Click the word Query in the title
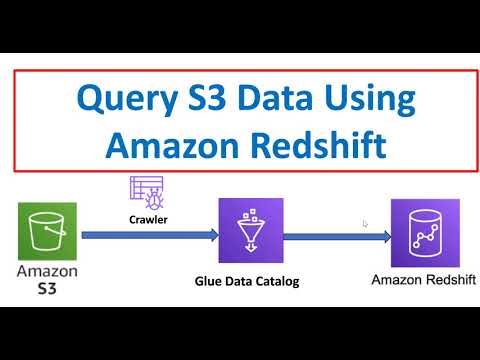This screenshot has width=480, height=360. [126, 101]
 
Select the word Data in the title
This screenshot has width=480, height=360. [279, 101]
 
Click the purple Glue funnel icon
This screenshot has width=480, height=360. [251, 231]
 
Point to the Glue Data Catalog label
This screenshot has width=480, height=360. [247, 281]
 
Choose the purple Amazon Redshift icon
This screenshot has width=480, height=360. [425, 233]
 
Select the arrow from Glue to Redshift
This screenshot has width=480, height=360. [334, 236]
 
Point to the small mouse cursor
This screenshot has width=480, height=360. [365, 224]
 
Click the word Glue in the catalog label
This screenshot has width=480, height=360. [208, 281]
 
